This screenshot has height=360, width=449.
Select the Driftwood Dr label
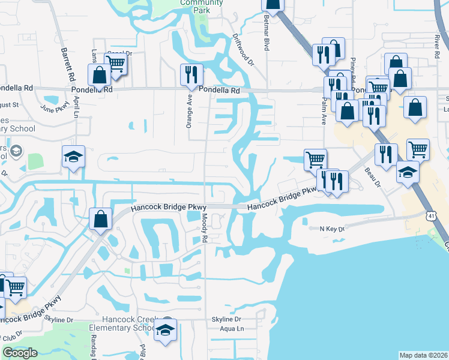click(243, 49)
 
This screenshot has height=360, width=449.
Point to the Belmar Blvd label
click(265, 37)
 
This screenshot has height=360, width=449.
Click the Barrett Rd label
click(67, 65)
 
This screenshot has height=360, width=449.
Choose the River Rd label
click(436, 43)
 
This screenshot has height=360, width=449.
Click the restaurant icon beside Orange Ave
click(191, 75)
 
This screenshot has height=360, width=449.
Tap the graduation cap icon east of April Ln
click(73, 157)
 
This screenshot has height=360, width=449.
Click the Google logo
click(20, 353)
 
